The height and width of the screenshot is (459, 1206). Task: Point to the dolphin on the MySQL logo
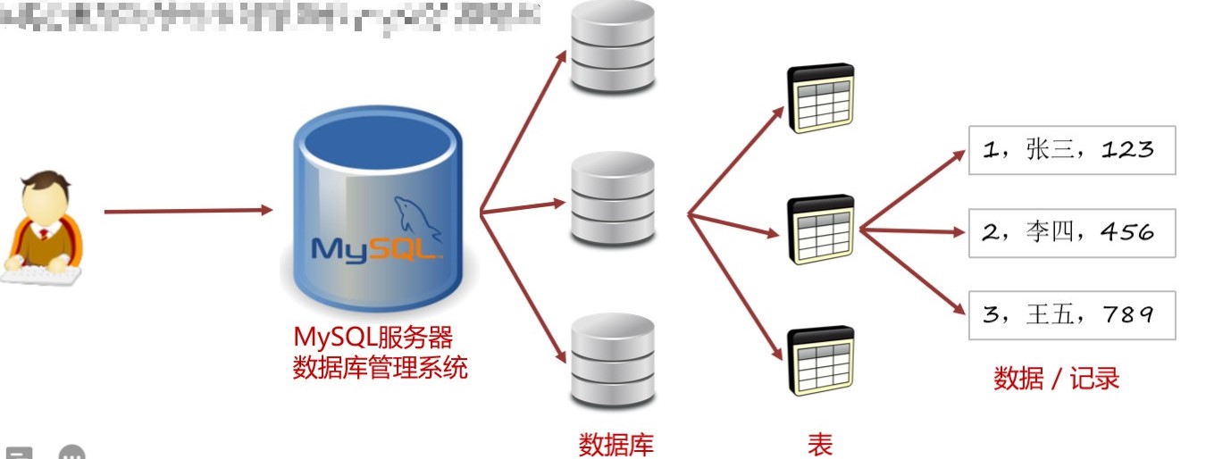coord(417,218)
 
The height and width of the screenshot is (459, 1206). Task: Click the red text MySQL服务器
coord(373,338)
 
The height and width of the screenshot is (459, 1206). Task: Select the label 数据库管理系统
coord(380,367)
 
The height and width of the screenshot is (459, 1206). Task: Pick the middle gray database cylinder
coord(613,198)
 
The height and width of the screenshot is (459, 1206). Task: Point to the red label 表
coord(820,443)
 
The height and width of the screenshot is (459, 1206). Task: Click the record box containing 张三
coord(1071,150)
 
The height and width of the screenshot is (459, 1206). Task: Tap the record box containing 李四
coord(1071,232)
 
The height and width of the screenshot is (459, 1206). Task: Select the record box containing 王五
coord(1071,314)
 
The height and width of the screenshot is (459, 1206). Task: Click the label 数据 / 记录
coord(1056,379)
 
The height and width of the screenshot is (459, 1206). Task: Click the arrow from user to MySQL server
coord(188,211)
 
